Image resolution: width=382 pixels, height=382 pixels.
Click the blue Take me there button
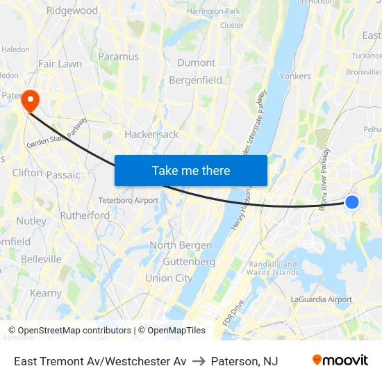click(x=191, y=171)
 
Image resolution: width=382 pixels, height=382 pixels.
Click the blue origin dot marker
click(x=352, y=202)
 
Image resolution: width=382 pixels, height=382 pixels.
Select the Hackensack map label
click(x=151, y=134)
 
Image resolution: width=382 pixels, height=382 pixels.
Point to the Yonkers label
click(x=295, y=76)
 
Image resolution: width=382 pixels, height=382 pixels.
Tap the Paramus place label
click(x=119, y=56)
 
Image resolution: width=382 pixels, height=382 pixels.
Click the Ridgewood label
click(x=72, y=11)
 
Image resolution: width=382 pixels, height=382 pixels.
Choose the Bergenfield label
click(x=196, y=81)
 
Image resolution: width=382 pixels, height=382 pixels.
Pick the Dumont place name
click(x=196, y=63)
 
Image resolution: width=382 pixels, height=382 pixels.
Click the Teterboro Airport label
click(x=128, y=201)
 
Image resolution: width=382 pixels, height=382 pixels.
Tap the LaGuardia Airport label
click(x=320, y=299)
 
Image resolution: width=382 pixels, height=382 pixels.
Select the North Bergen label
click(x=181, y=245)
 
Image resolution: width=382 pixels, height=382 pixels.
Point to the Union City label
click(x=169, y=279)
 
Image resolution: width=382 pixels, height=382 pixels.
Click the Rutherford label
click(x=85, y=215)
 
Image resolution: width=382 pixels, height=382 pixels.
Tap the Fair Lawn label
click(x=60, y=64)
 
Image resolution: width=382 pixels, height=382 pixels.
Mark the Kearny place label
click(x=46, y=293)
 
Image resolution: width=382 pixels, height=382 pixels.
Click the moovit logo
click(x=340, y=360)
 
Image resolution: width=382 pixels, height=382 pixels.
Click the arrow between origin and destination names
click(x=199, y=361)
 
